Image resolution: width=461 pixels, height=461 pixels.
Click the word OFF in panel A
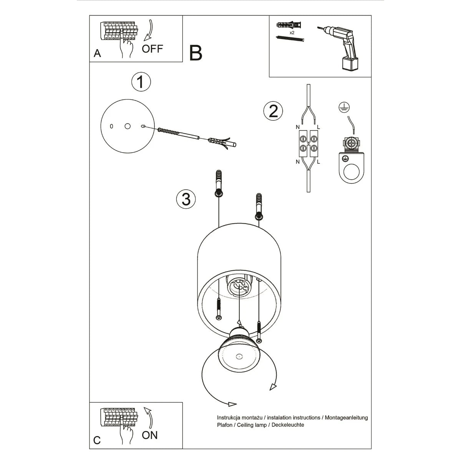tap(153, 49)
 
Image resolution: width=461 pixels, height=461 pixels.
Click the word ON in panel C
tap(149, 435)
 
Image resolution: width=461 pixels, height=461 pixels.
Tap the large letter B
tap(196, 53)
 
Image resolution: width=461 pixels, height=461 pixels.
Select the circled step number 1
tap(141, 82)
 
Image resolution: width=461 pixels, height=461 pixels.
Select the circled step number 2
tap(273, 111)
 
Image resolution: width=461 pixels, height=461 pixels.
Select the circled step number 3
tap(186, 199)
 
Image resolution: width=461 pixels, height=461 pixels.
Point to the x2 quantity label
tap(292, 33)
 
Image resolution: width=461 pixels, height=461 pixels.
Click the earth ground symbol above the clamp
tap(343, 107)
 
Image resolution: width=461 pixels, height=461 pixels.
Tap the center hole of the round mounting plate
tap(128, 126)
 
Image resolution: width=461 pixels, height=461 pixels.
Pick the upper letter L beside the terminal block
tap(318, 127)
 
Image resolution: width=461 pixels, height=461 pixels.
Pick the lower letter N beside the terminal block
tap(297, 162)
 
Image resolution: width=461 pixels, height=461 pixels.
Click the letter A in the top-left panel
tap(97, 53)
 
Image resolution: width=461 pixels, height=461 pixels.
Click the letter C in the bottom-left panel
tap(97, 440)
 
